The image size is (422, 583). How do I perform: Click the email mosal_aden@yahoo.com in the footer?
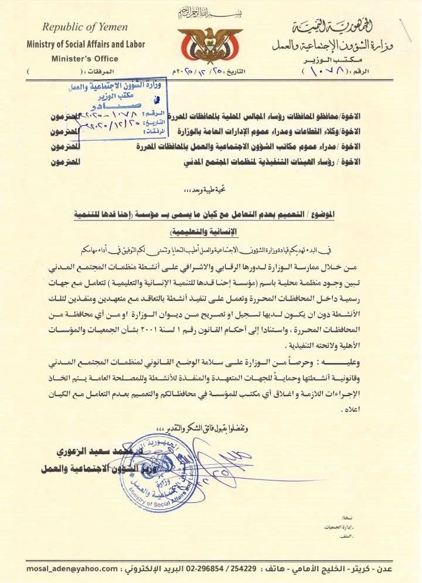point(72,568)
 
